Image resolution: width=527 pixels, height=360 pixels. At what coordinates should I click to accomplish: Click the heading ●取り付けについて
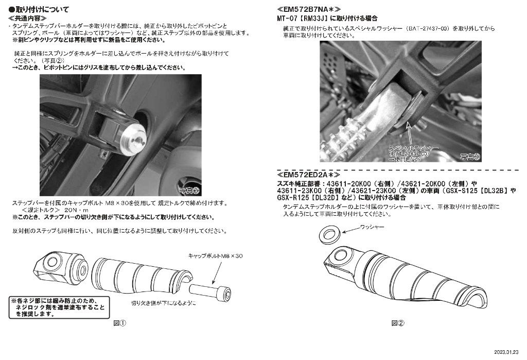[x=39, y=10]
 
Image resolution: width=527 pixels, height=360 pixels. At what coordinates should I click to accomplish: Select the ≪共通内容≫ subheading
[x=28, y=18]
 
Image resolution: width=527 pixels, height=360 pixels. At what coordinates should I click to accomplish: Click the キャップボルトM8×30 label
[x=215, y=255]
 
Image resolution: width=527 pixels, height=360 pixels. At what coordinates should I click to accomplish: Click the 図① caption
[x=119, y=323]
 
